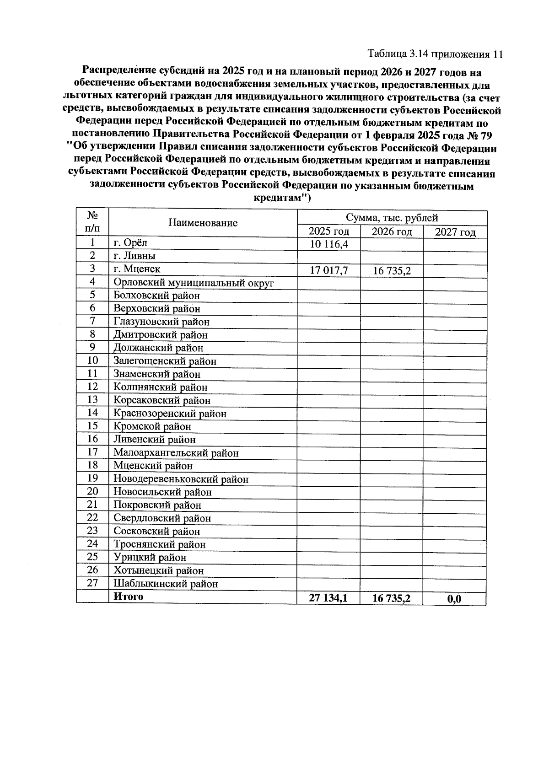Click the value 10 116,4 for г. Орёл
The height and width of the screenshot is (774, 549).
(x=328, y=244)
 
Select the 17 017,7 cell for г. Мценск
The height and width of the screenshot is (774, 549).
(x=328, y=270)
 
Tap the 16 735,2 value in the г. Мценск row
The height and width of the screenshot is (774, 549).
(x=392, y=271)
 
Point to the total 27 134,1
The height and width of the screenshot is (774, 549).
(x=328, y=598)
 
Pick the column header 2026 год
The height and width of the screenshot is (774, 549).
(x=392, y=231)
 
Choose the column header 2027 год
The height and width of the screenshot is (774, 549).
(x=455, y=232)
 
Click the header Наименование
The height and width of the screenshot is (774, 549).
(x=203, y=223)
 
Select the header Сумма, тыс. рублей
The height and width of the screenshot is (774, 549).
(x=392, y=218)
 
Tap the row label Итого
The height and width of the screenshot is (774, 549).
(x=129, y=597)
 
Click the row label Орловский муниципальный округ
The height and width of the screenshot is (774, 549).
(x=194, y=283)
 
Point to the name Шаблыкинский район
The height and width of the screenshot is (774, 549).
(x=166, y=584)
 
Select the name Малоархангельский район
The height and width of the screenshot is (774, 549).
(x=176, y=453)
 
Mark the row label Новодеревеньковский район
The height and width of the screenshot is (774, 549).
(x=181, y=479)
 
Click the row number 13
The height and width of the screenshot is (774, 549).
(x=92, y=399)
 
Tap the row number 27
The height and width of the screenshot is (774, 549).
(x=92, y=583)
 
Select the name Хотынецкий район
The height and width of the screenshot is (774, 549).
(x=159, y=570)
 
